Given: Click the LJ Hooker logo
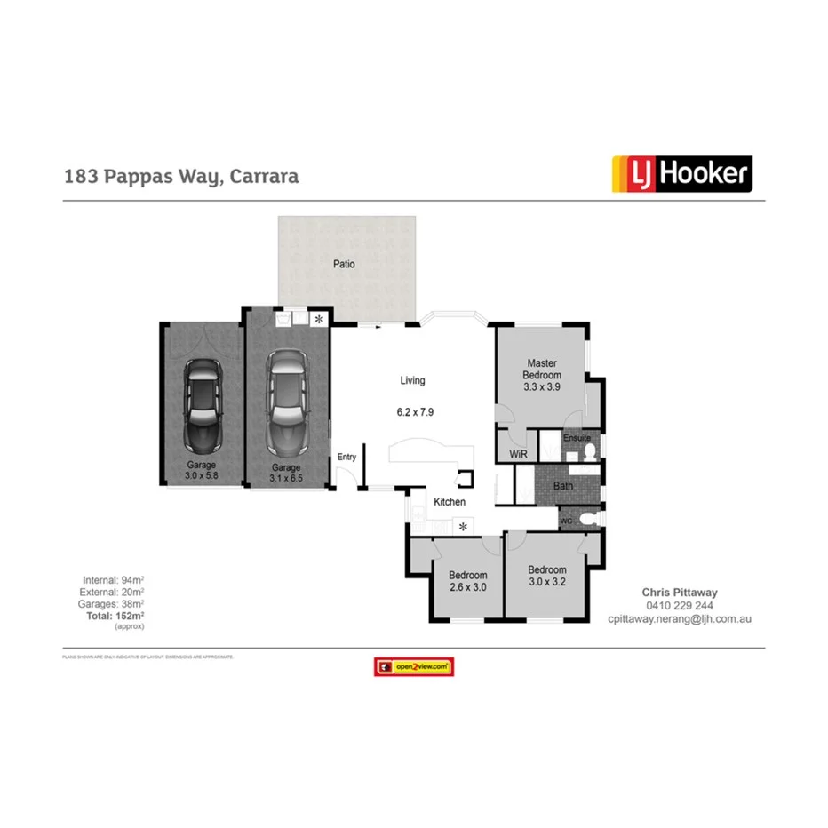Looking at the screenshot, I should coord(681,174).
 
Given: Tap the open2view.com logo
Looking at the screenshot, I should coord(414,666).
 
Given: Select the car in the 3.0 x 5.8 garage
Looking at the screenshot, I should coord(202,404).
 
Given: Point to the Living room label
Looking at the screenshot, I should coord(412,380).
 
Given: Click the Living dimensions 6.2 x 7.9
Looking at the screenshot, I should coord(415,412).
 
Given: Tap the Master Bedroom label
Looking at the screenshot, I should coord(542,369).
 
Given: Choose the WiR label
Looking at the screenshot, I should coord(518,454).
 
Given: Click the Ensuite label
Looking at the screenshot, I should coord(577,438).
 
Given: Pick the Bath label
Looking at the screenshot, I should coord(563,486).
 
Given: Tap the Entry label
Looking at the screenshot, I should coord(346,457).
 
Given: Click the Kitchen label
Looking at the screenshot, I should coord(450,502).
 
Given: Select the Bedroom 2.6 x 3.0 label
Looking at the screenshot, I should coord(467,580).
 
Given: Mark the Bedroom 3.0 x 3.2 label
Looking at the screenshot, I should coord(546,576).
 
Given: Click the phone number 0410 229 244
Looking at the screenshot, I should coord(680,605).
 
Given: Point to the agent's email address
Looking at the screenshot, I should coord(680,618).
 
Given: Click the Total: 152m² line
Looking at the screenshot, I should coord(115,615).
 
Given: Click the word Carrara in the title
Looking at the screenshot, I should coord(264,176).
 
